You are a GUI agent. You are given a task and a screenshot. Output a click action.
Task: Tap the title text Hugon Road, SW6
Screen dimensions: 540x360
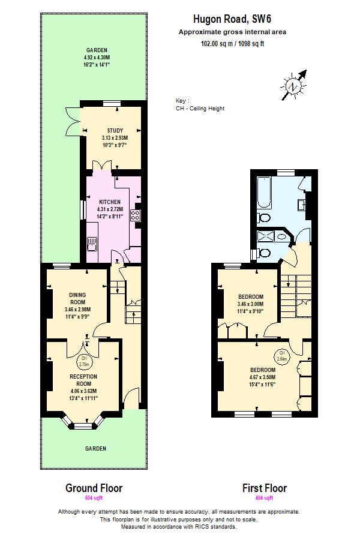232,19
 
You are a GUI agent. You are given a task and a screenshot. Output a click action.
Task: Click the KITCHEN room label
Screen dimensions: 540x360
110,202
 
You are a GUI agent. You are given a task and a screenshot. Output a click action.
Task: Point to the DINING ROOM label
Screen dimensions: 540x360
77,298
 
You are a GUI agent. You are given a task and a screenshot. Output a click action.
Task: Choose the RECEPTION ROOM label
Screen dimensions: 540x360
83,380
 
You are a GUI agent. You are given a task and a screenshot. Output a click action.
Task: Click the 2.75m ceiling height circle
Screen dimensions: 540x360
84,362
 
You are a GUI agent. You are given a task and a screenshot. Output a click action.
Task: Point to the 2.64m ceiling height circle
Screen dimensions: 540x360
281,355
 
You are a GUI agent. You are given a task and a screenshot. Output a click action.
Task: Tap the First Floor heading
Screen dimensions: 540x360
264,488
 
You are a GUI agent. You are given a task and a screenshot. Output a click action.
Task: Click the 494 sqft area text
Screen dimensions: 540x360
264,498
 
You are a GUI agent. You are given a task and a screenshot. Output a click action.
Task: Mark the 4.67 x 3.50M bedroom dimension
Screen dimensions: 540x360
263,377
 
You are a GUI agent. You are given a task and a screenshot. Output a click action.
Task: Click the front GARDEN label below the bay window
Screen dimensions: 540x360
95,448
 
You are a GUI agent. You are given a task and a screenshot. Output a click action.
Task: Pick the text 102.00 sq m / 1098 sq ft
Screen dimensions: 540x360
232,43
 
